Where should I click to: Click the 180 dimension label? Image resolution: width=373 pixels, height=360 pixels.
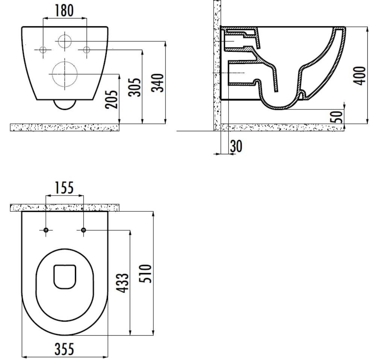click(64, 11)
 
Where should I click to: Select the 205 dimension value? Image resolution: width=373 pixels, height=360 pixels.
click(112, 99)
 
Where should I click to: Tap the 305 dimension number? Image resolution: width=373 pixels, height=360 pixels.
click(135, 87)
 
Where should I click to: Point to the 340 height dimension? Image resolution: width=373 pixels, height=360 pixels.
click(158, 83)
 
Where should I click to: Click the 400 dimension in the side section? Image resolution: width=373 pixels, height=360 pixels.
click(359, 76)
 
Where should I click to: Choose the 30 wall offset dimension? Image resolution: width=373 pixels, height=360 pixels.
click(236, 146)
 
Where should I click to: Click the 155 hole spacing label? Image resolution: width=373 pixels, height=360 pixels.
click(64, 188)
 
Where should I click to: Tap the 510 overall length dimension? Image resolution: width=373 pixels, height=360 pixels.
click(145, 273)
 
